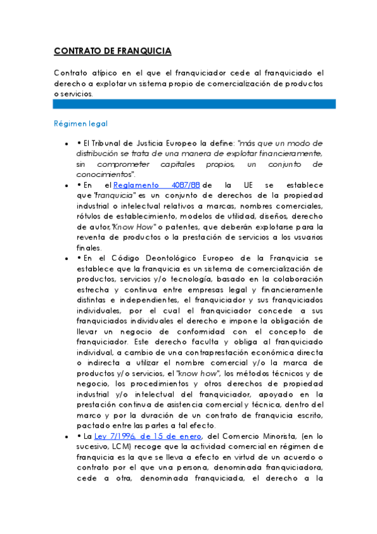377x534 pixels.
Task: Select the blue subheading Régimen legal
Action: pos(81,124)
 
